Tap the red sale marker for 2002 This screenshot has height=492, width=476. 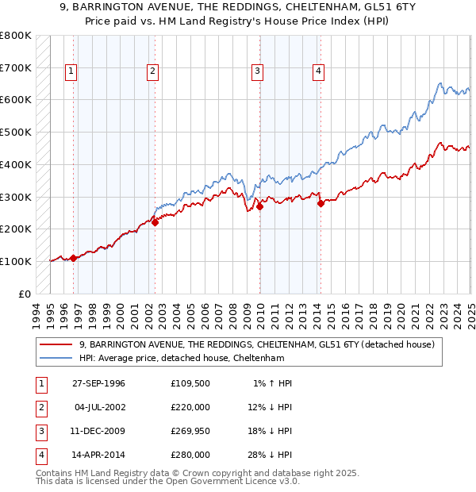(155, 222)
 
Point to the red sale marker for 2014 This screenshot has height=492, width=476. (321, 203)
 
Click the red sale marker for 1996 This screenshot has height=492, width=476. (73, 258)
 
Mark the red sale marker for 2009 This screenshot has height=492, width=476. (260, 206)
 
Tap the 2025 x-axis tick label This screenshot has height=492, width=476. (469, 315)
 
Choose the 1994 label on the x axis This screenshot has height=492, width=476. (36, 315)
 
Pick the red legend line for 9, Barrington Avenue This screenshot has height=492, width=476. (57, 344)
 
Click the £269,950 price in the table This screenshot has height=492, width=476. (190, 432)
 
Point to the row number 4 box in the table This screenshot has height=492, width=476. (40, 455)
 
